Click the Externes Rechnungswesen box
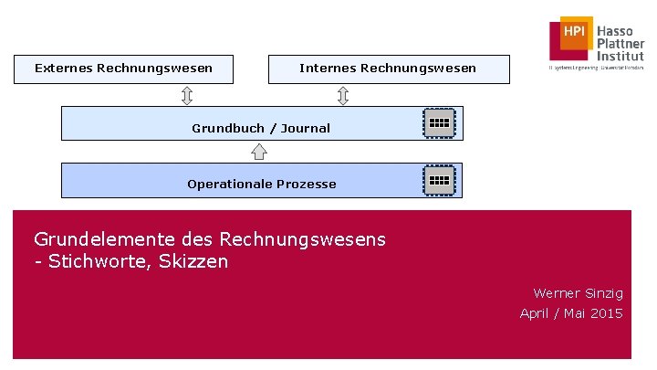(123, 69)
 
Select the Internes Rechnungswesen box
(387, 69)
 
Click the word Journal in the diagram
(306, 128)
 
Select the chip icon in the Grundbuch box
(439, 122)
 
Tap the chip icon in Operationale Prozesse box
(439, 179)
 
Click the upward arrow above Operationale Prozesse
(259, 151)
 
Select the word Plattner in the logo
(620, 44)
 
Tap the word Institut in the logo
(620, 56)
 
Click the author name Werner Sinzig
(578, 293)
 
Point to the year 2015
(606, 313)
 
